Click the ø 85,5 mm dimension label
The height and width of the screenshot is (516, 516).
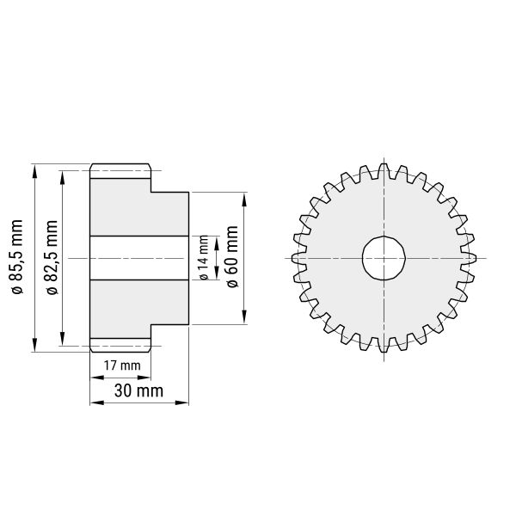click(x=17, y=257)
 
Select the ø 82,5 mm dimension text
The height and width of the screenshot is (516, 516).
click(x=52, y=257)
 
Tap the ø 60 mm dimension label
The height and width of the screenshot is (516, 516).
click(x=232, y=256)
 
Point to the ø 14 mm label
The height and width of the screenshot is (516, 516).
click(x=204, y=258)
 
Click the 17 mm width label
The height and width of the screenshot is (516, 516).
click(x=122, y=365)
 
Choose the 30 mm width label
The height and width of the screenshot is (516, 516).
click(x=138, y=391)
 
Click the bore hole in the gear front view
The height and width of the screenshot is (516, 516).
click(x=384, y=258)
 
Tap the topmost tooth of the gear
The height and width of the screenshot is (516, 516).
click(x=384, y=168)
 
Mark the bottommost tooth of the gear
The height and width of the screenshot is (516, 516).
click(x=384, y=347)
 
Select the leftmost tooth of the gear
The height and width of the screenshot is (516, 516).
click(x=296, y=258)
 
